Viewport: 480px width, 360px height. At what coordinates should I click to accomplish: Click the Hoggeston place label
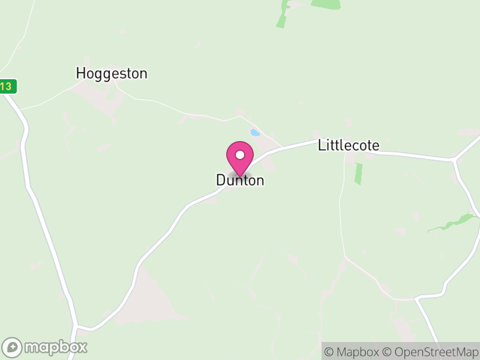click(x=112, y=74)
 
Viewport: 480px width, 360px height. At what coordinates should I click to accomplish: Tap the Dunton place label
click(x=240, y=180)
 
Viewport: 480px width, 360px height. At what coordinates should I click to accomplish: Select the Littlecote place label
click(x=349, y=145)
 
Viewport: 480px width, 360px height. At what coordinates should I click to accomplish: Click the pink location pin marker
click(x=240, y=158)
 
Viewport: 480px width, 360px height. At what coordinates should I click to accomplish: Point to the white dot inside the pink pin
click(x=240, y=155)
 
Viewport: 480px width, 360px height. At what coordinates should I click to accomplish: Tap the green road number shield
click(x=7, y=86)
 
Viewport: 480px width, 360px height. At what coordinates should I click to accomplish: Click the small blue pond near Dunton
click(x=255, y=133)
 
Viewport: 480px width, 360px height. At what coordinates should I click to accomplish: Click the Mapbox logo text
click(x=56, y=347)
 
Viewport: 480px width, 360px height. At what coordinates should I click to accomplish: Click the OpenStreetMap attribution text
click(x=431, y=352)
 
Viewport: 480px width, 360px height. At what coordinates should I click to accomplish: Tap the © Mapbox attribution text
click(x=354, y=352)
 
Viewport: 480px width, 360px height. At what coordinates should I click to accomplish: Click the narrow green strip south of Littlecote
click(x=359, y=173)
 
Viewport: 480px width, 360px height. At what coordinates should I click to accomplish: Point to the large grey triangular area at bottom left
click(x=147, y=300)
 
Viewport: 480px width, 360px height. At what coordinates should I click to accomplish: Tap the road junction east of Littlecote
click(x=455, y=160)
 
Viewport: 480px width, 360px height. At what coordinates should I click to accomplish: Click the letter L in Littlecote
click(x=322, y=145)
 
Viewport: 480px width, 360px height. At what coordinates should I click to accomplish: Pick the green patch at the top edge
click(x=325, y=4)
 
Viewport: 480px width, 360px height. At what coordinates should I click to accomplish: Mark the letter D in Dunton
click(x=221, y=180)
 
